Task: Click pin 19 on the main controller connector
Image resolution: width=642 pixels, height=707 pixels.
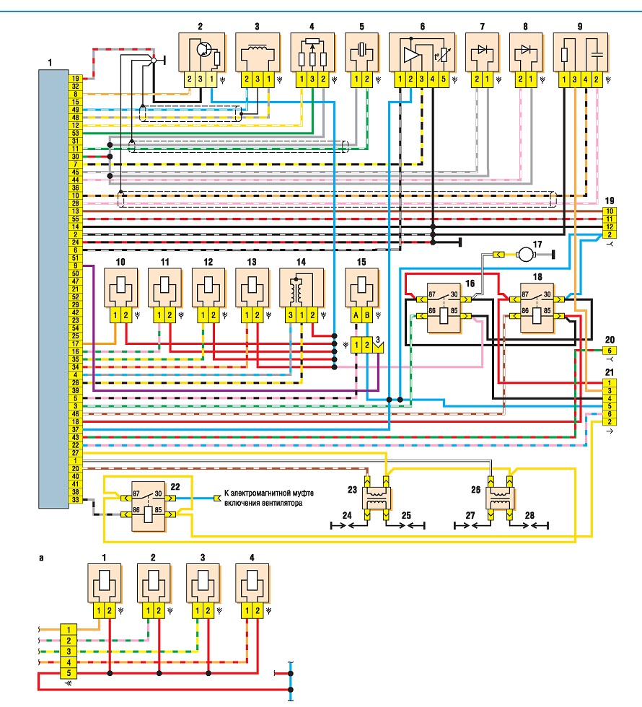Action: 75,79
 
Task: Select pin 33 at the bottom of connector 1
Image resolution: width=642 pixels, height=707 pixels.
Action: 75,499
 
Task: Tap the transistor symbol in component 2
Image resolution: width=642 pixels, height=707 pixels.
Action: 205,49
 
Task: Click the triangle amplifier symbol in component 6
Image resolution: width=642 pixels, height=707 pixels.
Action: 412,55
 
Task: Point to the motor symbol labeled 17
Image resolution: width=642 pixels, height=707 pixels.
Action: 525,254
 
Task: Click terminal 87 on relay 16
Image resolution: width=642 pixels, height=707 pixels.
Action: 432,294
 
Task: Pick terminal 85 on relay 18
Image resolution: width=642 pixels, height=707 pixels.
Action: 547,311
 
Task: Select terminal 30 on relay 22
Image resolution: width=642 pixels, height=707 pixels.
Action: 158,493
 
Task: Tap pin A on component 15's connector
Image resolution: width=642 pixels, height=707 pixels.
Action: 356,316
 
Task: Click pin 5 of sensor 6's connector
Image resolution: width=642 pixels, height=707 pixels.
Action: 443,79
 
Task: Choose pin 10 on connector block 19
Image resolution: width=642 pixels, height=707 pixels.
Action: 610,211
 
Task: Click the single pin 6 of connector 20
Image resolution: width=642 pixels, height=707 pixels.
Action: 610,351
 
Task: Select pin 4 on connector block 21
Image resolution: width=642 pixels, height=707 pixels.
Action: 610,398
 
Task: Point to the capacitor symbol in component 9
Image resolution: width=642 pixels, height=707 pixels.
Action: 596,54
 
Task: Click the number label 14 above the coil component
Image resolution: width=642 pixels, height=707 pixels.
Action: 302,262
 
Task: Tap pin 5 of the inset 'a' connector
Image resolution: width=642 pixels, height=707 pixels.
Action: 69,673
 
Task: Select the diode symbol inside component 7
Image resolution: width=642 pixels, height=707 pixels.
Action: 482,49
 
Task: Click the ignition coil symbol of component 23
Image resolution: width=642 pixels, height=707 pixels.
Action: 377,498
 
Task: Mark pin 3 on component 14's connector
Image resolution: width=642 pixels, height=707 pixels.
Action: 291,316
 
